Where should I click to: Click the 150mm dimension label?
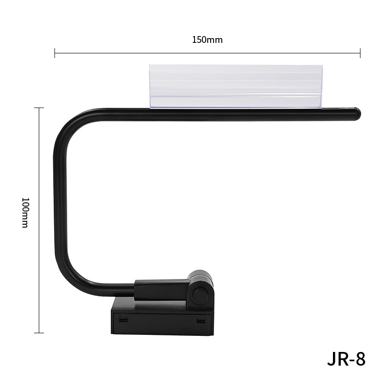point(207,39)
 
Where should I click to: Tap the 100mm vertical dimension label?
point(25,213)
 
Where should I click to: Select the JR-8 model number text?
point(346,359)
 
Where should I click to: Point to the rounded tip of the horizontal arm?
point(357,114)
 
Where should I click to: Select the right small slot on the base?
point(201,320)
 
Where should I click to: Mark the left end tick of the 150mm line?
point(55,53)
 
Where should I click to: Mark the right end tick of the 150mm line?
point(360,53)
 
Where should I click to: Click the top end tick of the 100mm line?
point(39,108)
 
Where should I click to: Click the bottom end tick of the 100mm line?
point(39,333)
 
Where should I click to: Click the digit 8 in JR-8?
point(360,359)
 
